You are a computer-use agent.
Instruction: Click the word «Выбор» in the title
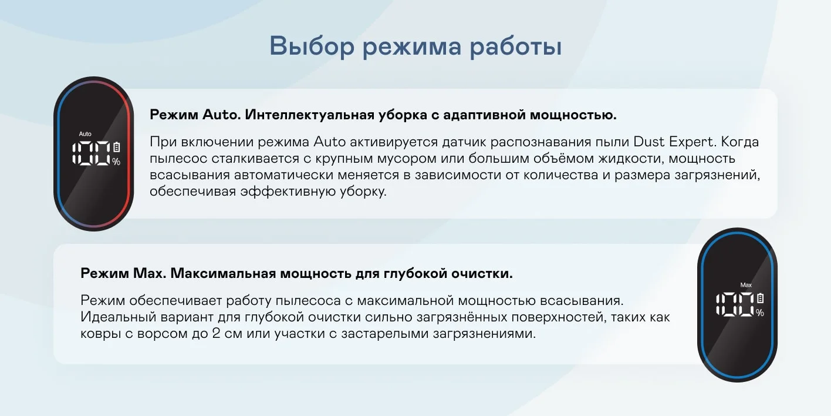(312, 46)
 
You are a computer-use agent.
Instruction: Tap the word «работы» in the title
(516, 47)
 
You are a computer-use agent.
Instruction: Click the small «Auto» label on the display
(85, 134)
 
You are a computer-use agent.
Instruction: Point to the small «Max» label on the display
(746, 285)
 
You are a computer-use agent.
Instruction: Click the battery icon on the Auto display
(116, 147)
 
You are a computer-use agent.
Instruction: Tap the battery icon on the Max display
(760, 298)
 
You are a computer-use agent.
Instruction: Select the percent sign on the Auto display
(116, 162)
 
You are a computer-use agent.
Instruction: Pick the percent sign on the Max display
(760, 313)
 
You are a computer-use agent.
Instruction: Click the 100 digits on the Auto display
(92, 153)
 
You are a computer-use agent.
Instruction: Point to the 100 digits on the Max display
(735, 304)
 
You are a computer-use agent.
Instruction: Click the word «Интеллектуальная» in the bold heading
(310, 115)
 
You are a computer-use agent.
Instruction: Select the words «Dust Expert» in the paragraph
(674, 142)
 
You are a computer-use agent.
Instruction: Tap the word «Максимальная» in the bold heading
(224, 273)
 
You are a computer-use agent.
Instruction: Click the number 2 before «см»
(217, 333)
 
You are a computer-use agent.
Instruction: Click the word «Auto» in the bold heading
(222, 115)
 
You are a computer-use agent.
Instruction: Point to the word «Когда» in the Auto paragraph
(740, 142)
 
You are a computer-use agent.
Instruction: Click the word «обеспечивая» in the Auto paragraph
(193, 192)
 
